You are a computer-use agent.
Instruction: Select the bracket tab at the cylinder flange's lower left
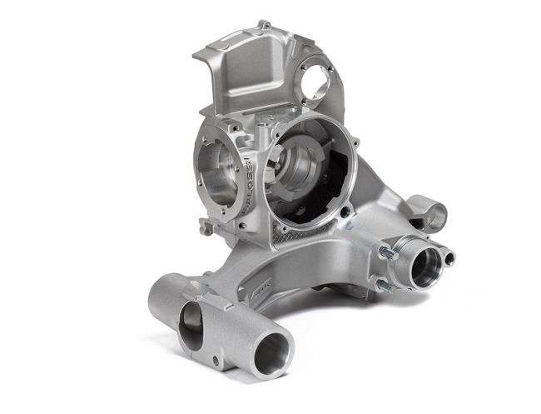[205, 225]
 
